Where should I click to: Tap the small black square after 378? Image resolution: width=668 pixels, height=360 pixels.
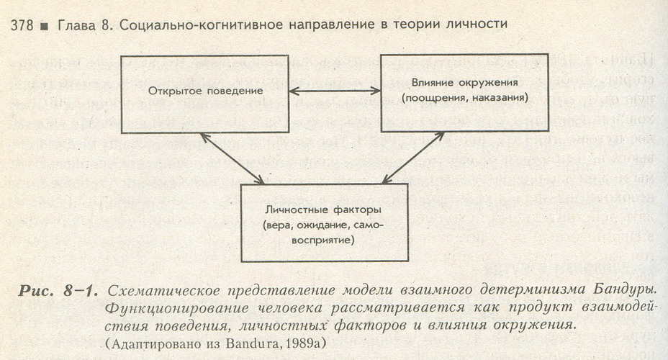coord(44,24)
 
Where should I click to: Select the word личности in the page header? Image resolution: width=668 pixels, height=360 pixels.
coord(479,24)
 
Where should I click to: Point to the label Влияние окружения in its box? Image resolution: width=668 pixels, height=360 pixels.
coord(456,83)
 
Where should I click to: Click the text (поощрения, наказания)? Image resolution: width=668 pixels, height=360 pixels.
coord(456,96)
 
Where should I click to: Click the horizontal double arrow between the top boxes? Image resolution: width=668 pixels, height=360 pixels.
coord(315,91)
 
